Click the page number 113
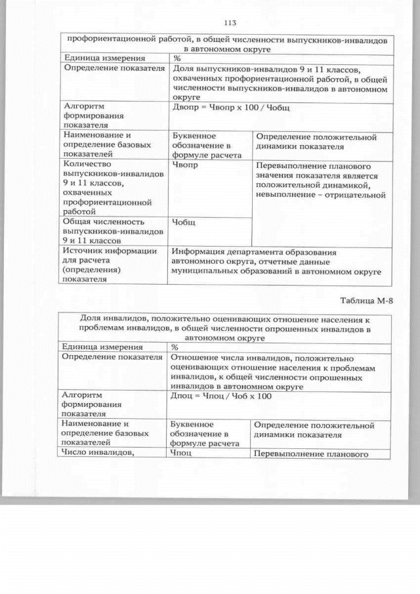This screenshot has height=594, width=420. pyautogui.click(x=229, y=23)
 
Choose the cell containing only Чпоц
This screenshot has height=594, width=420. pyautogui.click(x=182, y=453)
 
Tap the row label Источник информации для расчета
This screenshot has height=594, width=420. pyautogui.click(x=110, y=265)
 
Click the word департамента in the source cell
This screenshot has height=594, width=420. pyautogui.click(x=255, y=251)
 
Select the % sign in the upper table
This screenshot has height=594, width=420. pyautogui.click(x=176, y=58)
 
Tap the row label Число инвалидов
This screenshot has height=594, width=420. pyautogui.click(x=96, y=452)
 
